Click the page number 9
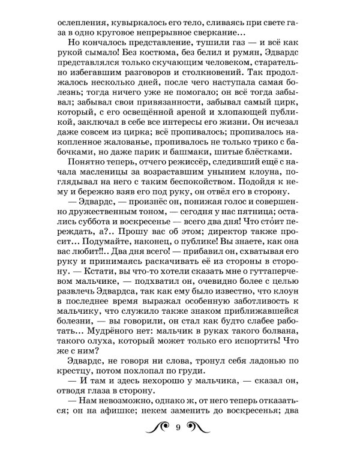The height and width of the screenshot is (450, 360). pyautogui.click(x=179, y=427)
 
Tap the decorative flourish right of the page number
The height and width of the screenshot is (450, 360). pyautogui.click(x=203, y=427)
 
